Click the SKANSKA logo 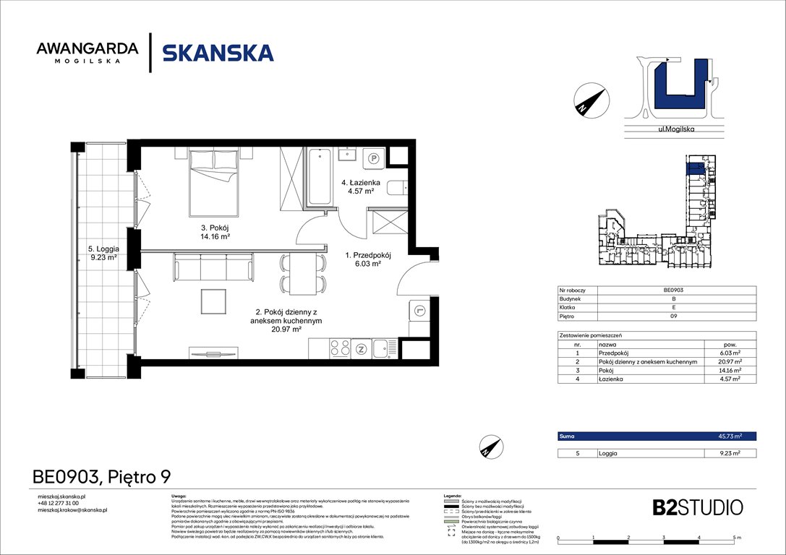pyautogui.click(x=218, y=53)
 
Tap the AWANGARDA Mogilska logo pyautogui.click(x=87, y=53)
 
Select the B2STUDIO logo pyautogui.click(x=687, y=507)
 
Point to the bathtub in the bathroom pyautogui.click(x=319, y=177)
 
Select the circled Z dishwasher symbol pyautogui.click(x=361, y=348)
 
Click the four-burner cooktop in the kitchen pyautogui.click(x=339, y=348)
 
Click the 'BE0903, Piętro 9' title pyautogui.click(x=102, y=477)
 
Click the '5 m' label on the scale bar pyautogui.click(x=735, y=538)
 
